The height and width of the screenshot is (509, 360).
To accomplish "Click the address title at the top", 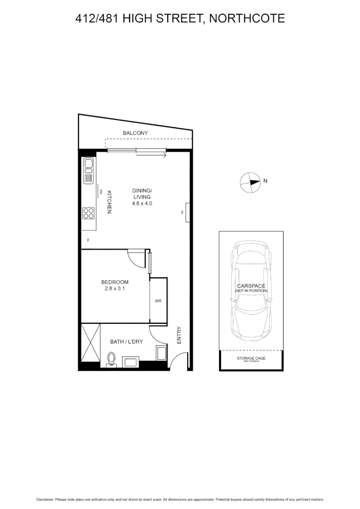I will point(180,18).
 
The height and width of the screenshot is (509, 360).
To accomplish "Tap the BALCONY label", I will point(135,133).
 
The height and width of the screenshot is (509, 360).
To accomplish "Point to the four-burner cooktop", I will point(89,213).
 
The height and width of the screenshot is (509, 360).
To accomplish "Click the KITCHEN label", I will point(108,202).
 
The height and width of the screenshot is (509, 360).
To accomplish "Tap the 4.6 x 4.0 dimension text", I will point(142,204).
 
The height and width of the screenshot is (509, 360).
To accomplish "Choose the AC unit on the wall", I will point(188,212).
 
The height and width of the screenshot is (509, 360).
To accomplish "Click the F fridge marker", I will point(88,240).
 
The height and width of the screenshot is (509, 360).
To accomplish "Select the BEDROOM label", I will point(115,282).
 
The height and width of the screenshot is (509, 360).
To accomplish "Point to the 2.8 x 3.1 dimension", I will point(115,289).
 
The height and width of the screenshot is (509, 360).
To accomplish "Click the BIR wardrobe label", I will point(158,300).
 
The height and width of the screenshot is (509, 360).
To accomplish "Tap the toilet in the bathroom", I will point(112,359).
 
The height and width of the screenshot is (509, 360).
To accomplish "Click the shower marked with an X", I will point(90,343).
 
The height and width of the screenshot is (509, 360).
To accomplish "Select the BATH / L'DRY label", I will point(126,342).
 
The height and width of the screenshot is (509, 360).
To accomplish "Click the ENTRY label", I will point(179,335).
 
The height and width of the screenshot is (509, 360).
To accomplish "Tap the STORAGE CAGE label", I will point(251,359).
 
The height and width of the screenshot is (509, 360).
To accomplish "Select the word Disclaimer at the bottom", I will point(45,499).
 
